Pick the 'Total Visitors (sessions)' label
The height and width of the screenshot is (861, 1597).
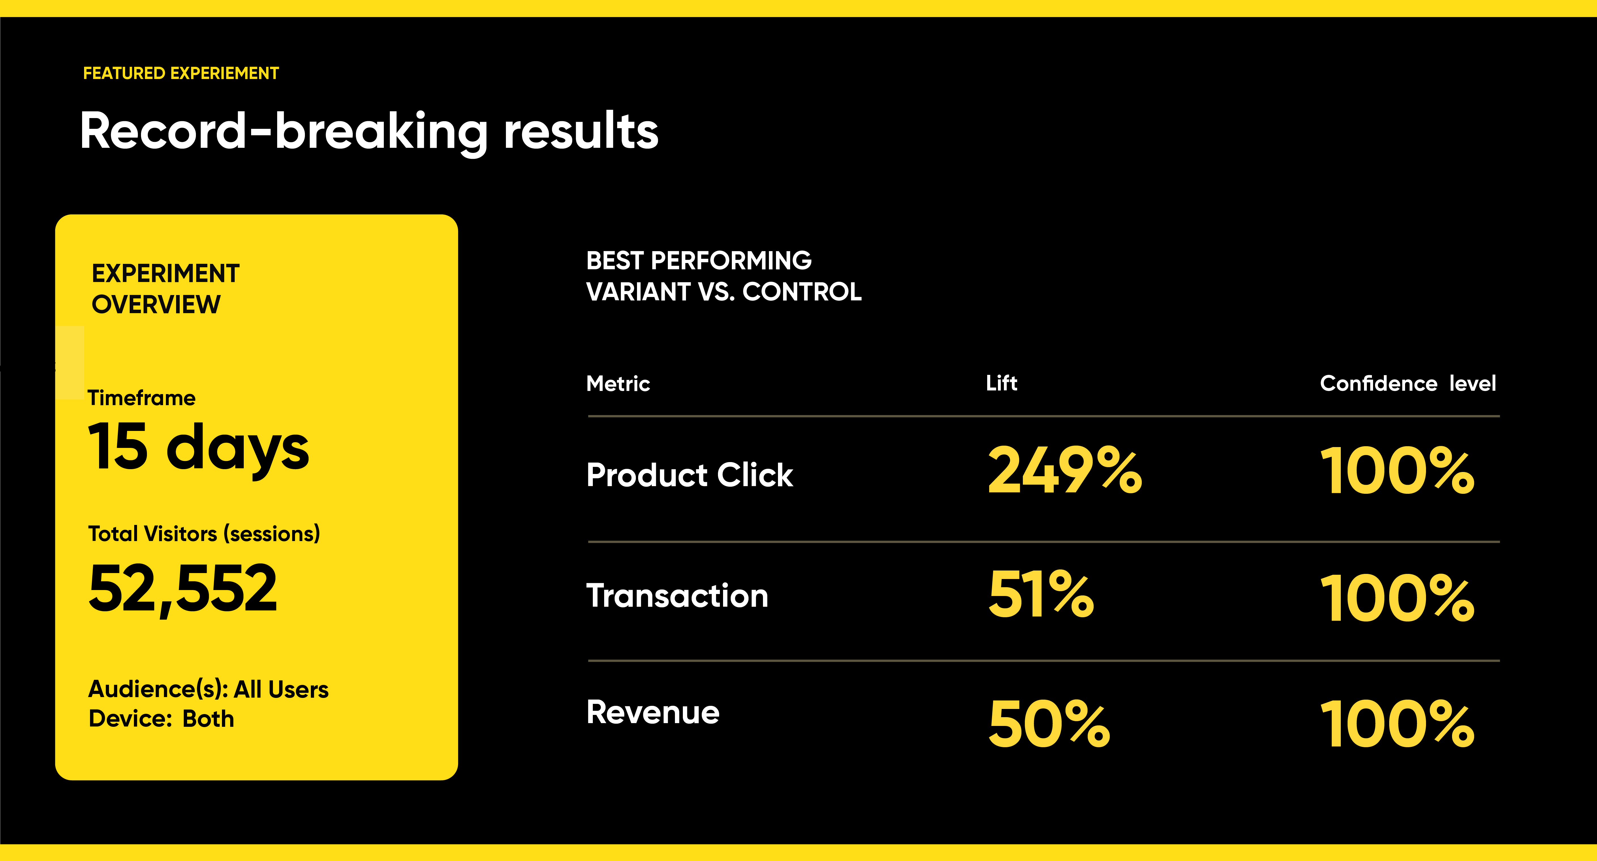[204, 534]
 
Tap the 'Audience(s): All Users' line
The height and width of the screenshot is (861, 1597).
[208, 689]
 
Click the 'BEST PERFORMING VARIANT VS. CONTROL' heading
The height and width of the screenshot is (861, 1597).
[724, 276]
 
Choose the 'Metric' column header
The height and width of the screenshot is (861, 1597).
[618, 384]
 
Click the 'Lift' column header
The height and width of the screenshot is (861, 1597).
[1001, 383]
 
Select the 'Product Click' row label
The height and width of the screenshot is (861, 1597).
[689, 475]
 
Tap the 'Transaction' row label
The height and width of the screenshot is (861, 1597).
[677, 596]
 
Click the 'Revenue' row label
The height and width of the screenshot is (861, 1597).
[653, 712]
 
